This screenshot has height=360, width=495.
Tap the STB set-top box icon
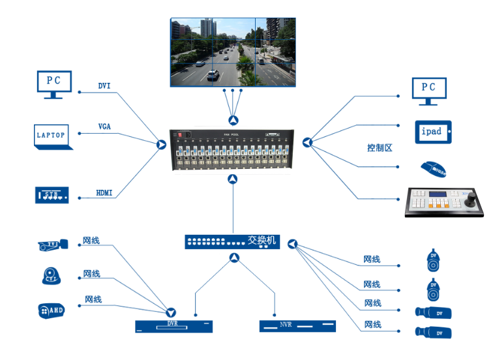point(52,194)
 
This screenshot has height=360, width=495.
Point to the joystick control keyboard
point(445,202)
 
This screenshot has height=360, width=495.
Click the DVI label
point(104,86)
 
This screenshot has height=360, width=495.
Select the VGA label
point(104,127)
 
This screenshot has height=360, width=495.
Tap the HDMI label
point(104,193)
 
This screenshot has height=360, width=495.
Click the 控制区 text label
point(380,148)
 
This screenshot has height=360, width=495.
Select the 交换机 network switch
point(232,241)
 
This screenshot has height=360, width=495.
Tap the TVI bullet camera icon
point(52,245)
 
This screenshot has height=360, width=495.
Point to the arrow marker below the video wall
point(233,120)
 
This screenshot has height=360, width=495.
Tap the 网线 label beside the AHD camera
point(93,299)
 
